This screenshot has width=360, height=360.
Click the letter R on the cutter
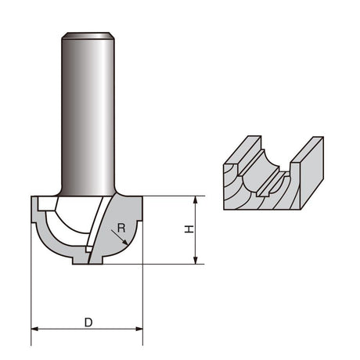click(121, 229)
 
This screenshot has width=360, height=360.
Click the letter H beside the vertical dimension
click(189, 229)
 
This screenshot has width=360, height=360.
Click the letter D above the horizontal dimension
click(88, 322)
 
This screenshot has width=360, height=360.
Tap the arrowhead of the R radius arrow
click(125, 243)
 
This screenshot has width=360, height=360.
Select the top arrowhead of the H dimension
click(195, 200)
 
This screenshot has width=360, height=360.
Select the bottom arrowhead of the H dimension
click(195, 260)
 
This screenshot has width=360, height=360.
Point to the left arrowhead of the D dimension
click(35, 329)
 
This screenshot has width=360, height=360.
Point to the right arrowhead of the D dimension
click(139, 329)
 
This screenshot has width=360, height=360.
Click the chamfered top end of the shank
click(88, 36)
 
